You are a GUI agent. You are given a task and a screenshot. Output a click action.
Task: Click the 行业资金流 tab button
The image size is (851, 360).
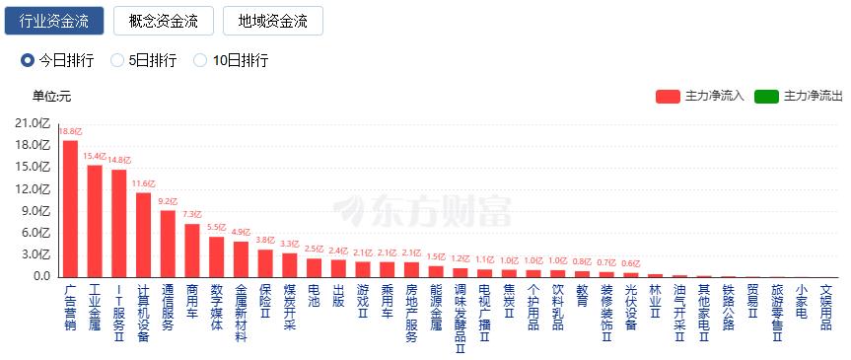tap(54, 21)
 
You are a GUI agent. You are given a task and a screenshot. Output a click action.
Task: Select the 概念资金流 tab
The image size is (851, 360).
tap(164, 21)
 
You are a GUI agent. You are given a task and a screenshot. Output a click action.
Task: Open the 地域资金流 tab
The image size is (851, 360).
tap(273, 21)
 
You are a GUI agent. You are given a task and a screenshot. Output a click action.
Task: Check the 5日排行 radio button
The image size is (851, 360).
tap(117, 60)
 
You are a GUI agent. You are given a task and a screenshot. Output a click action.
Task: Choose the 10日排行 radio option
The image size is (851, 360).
tap(200, 60)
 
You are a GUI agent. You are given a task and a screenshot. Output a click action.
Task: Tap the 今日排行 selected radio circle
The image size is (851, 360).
tap(28, 60)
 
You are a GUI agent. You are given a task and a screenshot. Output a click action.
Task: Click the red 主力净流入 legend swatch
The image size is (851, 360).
tap(668, 97)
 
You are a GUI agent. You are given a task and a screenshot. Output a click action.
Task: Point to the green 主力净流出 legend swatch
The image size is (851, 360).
tap(766, 97)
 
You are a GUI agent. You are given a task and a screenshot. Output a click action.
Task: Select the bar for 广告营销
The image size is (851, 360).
tap(71, 208)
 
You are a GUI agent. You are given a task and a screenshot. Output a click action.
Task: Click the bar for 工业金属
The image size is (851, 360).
tap(95, 221)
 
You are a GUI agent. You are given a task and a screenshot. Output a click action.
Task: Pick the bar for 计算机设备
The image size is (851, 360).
tap(144, 235)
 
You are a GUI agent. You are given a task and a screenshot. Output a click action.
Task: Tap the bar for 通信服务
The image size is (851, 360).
tap(168, 244)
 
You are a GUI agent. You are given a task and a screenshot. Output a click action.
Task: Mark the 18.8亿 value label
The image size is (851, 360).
tap(71, 131)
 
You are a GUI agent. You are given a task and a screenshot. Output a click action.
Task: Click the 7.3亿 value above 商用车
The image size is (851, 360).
tap(192, 215)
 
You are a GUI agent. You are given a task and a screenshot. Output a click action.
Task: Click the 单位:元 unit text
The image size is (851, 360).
tap(51, 97)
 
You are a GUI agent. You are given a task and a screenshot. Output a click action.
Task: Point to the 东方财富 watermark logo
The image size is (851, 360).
tap(422, 211)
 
